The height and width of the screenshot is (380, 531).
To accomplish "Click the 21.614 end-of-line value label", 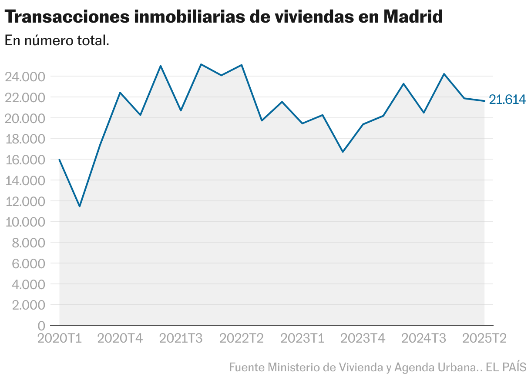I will [x=507, y=100].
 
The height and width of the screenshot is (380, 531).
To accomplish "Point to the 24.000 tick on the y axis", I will [x=25, y=77].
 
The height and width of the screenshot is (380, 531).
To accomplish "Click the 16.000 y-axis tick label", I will [x=25, y=160].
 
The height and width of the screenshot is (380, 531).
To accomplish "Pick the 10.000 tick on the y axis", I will [x=25, y=222].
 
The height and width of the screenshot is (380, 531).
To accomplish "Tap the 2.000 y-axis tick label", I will [x=27, y=305].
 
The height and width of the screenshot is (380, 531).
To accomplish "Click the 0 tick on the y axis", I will [x=41, y=326].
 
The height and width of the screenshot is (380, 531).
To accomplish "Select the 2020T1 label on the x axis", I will [x=60, y=338].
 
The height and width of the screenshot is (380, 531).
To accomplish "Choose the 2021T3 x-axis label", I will [x=181, y=338].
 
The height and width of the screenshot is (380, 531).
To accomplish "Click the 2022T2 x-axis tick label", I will [x=242, y=338].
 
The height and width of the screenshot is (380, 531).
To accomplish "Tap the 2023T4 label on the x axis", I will [x=363, y=338].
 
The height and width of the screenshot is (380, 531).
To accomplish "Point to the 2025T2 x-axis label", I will [x=484, y=338].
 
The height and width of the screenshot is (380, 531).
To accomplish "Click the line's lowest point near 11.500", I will [x=80, y=206].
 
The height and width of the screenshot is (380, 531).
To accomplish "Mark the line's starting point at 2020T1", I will [x=60, y=160].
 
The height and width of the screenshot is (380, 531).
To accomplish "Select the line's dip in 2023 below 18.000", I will [x=343, y=152].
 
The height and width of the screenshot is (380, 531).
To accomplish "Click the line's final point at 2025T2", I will [x=484, y=101].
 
